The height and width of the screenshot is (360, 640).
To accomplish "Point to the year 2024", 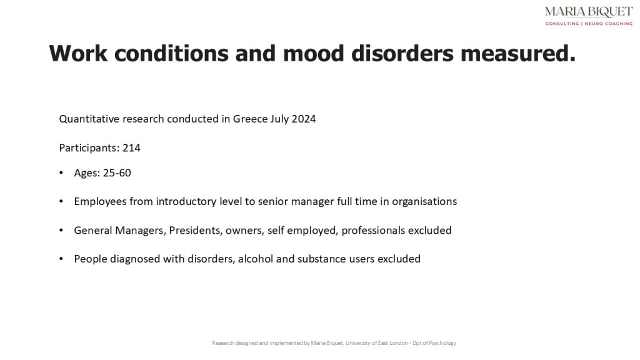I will coord(304,119).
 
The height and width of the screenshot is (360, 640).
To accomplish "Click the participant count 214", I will coord(132,148).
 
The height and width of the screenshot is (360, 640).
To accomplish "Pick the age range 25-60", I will coord(117,172).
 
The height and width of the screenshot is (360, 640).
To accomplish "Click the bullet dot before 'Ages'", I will coord(61,173).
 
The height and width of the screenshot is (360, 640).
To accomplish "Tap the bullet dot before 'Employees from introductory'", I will coord(61,202).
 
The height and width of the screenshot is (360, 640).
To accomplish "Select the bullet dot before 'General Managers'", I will coord(61,231).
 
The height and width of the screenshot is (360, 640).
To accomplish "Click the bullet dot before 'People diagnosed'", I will coord(61,259).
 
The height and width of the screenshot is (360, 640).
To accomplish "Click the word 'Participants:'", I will coord(89,148).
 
